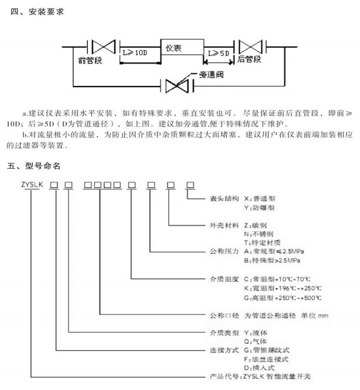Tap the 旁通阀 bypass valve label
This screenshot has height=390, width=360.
coord(211,74)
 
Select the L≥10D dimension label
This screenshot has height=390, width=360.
coord(135,53)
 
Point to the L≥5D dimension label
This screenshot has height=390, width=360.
coord(218,53)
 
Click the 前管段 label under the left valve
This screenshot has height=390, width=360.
coord(90,60)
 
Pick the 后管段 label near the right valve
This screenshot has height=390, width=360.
coord(249,59)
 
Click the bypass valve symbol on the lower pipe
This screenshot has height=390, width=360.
coord(177,86)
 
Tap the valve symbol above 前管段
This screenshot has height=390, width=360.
coord(103,47)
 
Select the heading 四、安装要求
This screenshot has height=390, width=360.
coord(38,11)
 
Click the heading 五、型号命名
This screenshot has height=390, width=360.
coord(34,166)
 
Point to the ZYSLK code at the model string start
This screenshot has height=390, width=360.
coord(32,184)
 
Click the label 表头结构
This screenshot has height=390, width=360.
coord(224,198)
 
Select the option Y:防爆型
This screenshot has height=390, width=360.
coord(259,207)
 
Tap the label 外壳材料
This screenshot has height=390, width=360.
coord(224,226)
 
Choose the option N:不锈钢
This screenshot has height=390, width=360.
coord(259,234)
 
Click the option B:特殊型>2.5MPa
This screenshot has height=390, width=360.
coord(272,261)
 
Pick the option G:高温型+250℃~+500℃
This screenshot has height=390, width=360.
coord(283,297)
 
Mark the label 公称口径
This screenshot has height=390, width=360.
coord(224,316)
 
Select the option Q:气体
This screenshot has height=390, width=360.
coord(255,341)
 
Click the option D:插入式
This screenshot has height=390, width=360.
coord(259,368)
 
